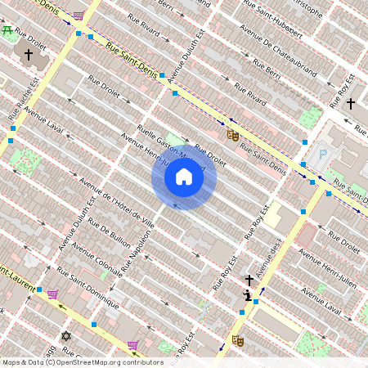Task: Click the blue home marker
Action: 184,177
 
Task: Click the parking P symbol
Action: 322,154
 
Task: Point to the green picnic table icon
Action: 7,30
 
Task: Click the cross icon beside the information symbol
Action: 249,280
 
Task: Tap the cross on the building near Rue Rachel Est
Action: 29,56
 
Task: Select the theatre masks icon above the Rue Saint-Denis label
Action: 232,134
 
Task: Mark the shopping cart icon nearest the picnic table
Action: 78,16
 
